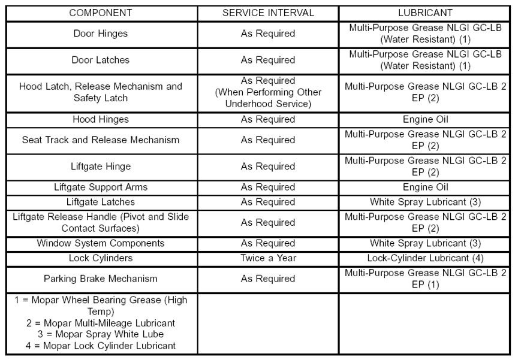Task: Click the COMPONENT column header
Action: (100, 13)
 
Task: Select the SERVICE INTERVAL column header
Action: (267, 13)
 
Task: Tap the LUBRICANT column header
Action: (425, 13)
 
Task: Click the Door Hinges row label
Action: (100, 34)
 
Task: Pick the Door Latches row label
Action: (100, 60)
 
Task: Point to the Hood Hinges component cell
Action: (100, 119)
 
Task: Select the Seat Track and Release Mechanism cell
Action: (100, 140)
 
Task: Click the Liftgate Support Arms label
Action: (100, 187)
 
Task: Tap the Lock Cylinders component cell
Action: (100, 258)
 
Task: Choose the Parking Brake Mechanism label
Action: (100, 279)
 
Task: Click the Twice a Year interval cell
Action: (267, 258)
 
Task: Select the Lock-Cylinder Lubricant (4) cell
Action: (425, 258)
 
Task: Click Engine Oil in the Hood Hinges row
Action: (425, 119)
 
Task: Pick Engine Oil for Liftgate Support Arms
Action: (425, 187)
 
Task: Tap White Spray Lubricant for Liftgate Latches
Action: (425, 202)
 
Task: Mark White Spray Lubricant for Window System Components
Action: (425, 243)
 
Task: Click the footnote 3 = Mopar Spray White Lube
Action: (100, 334)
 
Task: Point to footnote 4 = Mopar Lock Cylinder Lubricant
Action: (100, 346)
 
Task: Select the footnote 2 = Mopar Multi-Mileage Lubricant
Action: (100, 323)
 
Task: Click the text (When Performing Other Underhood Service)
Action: (267, 98)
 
